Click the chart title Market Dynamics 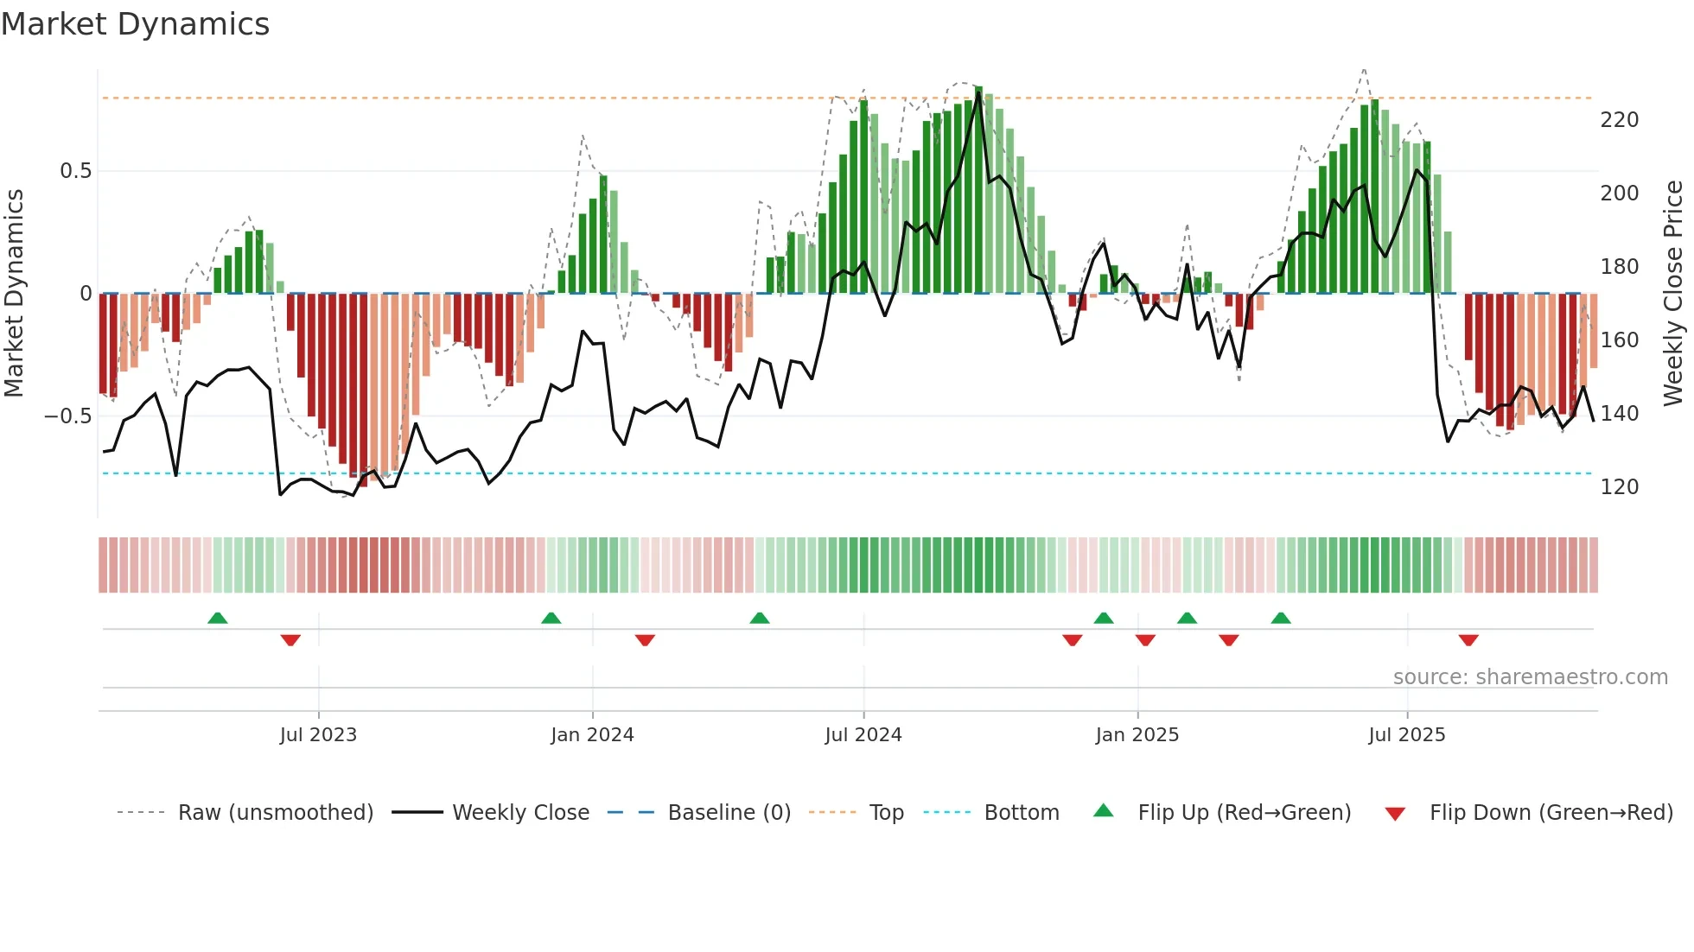136,24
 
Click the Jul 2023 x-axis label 318,735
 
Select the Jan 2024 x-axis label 592,735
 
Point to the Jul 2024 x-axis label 863,735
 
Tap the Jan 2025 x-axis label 1137,735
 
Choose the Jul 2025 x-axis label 1406,735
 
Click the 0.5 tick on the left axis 75,171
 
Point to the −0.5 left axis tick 68,416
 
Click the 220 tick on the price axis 1619,120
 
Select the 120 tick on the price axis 1619,487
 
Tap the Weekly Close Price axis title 1673,294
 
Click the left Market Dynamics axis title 14,294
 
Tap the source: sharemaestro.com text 1530,677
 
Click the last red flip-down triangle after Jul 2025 1468,640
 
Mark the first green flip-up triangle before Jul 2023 218,618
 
